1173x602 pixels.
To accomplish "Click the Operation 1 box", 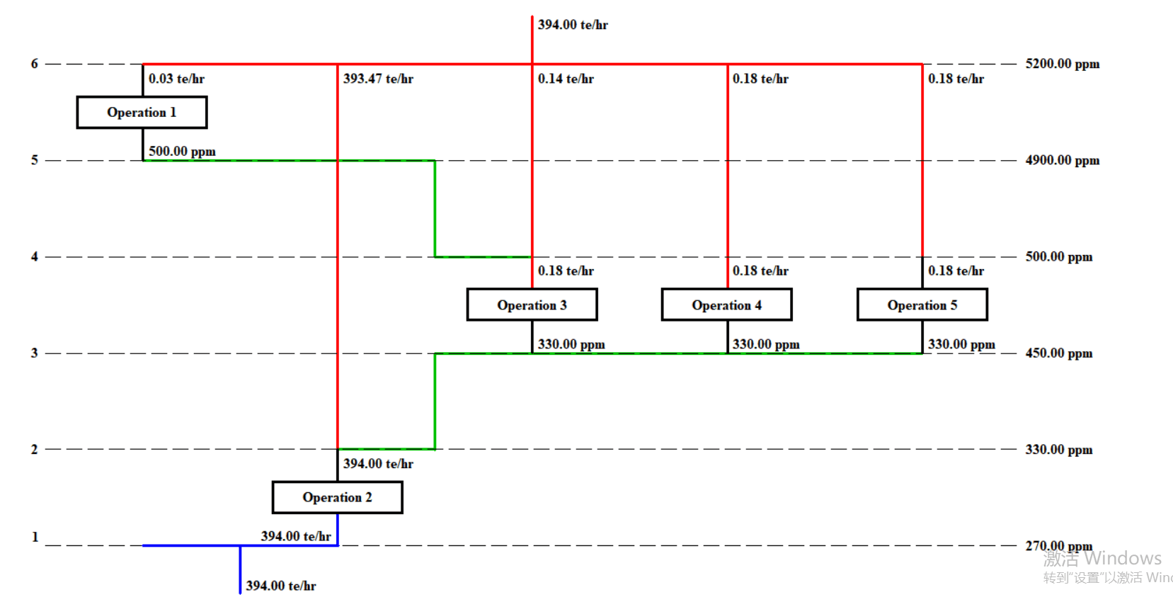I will coord(142,113).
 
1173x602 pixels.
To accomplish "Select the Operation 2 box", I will coord(337,498).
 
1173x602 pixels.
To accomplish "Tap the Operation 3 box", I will coord(532,305).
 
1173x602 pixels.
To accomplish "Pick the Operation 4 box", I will coord(726,305).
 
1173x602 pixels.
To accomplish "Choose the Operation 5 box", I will coord(922,305).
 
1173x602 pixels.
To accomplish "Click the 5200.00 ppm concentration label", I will coord(1062,64).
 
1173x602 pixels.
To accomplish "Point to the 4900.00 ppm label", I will coord(1062,160).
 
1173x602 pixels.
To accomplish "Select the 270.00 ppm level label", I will coord(1058,546).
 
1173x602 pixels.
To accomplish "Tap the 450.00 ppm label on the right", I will coord(1058,353).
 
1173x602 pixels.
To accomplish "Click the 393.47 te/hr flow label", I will coord(378,79).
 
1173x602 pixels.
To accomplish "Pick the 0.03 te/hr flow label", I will coord(176,79).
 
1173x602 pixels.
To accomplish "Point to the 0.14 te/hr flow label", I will coord(566,79).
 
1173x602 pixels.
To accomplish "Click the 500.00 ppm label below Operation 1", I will coord(182,152).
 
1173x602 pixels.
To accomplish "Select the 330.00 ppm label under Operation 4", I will coord(766,344).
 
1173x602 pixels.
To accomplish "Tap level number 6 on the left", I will coord(34,64).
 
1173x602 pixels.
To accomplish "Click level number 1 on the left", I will coord(35,537).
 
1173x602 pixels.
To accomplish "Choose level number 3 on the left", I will coord(34,353).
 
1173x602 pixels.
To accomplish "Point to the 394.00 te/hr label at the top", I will coord(573,25).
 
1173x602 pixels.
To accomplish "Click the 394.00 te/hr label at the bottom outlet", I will coord(281,586).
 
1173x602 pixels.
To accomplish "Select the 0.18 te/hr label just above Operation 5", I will coord(956,271).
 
